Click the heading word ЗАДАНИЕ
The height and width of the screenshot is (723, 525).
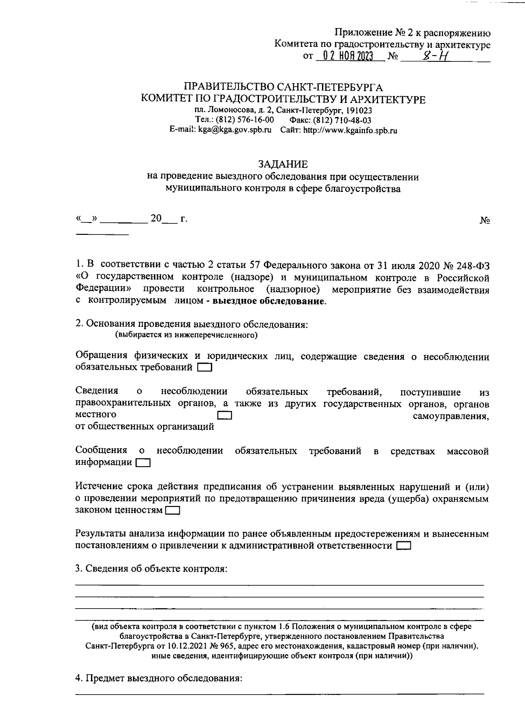pyautogui.click(x=283, y=164)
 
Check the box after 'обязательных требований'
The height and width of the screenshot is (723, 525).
pyautogui.click(x=205, y=368)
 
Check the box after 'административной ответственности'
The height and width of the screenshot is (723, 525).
pyautogui.click(x=404, y=546)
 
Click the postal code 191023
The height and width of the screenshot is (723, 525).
pyautogui.click(x=359, y=110)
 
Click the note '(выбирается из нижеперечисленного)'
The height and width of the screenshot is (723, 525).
pyautogui.click(x=186, y=336)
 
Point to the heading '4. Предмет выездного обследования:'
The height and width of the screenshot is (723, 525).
pyautogui.click(x=159, y=678)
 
